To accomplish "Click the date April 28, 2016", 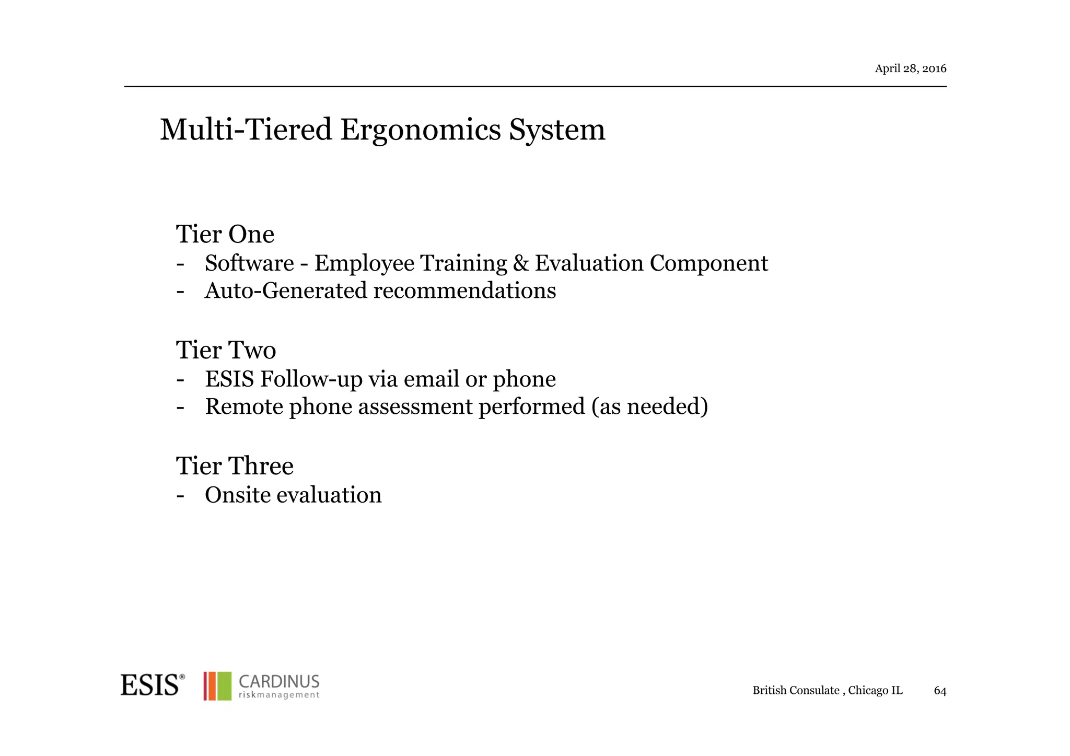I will pos(910,68).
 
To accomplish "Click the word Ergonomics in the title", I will pos(421,130).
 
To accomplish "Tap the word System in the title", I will pos(557,130).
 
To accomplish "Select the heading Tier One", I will pos(225,234).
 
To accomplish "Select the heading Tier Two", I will pos(226,350).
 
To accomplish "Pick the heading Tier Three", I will pos(235,466).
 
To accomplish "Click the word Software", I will pos(249,263).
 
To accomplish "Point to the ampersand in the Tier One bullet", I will pos(521,263).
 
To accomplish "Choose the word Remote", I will pos(243,407).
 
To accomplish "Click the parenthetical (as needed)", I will pos(649,407).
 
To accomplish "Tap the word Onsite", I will pos(237,495).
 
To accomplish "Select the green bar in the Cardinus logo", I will pos(224,686).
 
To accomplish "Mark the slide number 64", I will pos(940,691).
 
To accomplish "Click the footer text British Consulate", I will pos(796,691).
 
